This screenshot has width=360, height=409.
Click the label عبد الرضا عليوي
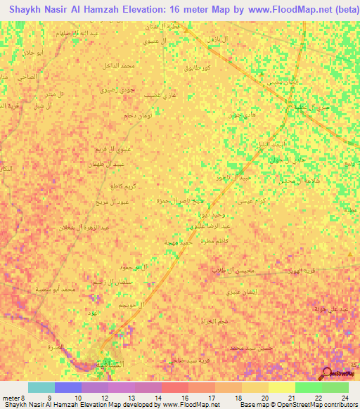pos(217,226)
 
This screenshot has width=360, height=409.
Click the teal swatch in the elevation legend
pos(41,387)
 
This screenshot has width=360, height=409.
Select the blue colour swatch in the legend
pos(68,387)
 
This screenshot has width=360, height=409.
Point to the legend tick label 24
pos(344,398)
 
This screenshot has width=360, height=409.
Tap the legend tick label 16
pos(184,398)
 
